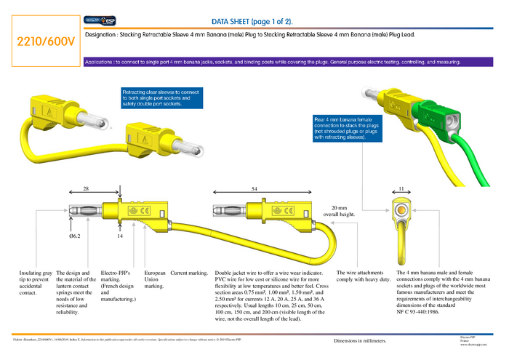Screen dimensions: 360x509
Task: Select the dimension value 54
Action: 254,188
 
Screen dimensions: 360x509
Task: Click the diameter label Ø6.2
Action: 76,236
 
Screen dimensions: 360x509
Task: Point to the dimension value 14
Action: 120,236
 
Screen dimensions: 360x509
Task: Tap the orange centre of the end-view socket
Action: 401,212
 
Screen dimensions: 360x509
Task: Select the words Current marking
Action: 190,273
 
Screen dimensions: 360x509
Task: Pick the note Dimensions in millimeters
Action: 360,340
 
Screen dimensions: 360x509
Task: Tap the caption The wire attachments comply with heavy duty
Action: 364,276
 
